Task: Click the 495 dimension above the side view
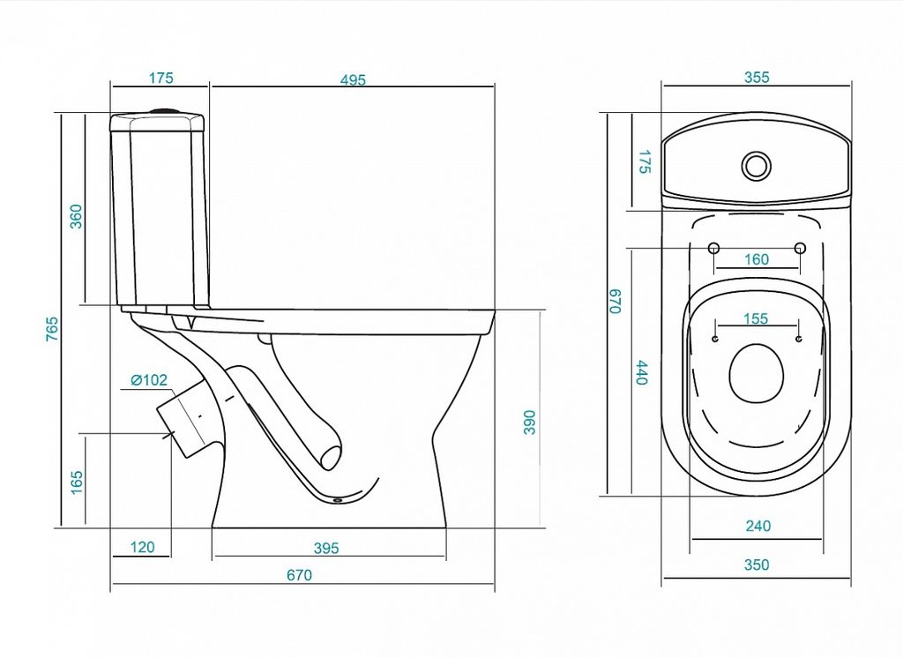tap(353, 79)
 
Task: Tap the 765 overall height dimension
tap(52, 328)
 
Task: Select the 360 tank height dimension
tap(76, 216)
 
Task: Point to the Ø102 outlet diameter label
tap(148, 379)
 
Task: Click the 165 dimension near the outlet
tap(77, 482)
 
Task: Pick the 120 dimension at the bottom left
tap(142, 547)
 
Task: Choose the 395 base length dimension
tap(326, 548)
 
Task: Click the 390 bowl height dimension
tap(529, 422)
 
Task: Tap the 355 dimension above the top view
tap(756, 78)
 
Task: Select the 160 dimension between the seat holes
tap(756, 259)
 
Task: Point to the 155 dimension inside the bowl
tap(756, 318)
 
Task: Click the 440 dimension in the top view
tap(642, 372)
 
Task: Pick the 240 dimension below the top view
tap(757, 526)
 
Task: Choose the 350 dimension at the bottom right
tap(756, 565)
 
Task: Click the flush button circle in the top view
tap(756, 165)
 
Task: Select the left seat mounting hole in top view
tap(713, 249)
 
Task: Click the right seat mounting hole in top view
tap(800, 249)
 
